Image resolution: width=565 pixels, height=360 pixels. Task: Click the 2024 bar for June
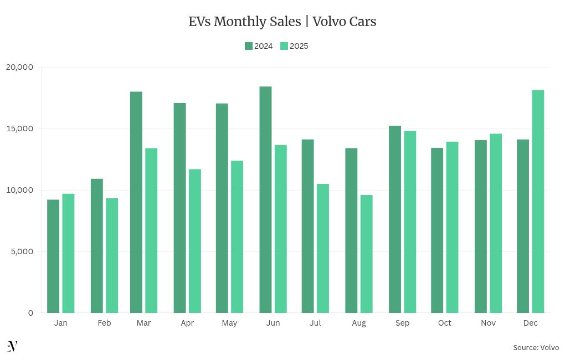(x=265, y=199)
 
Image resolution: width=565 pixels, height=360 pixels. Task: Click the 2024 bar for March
(x=136, y=202)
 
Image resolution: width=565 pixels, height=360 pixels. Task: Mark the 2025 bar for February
(x=112, y=255)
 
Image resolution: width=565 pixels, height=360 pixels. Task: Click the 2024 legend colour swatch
(x=249, y=46)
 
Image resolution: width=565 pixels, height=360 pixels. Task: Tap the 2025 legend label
(x=299, y=46)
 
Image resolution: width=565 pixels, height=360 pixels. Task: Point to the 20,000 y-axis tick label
(x=20, y=67)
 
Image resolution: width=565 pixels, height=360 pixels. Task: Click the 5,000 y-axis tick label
(x=22, y=251)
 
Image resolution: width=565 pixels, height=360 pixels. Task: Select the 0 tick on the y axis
(x=30, y=313)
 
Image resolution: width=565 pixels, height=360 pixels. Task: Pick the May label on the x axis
(x=229, y=323)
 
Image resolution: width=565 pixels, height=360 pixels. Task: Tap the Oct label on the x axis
(x=444, y=323)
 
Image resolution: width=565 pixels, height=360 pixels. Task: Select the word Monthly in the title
(x=237, y=22)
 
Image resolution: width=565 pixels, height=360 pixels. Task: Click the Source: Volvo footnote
(x=536, y=347)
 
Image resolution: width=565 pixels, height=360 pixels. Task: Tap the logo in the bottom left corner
(x=12, y=346)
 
